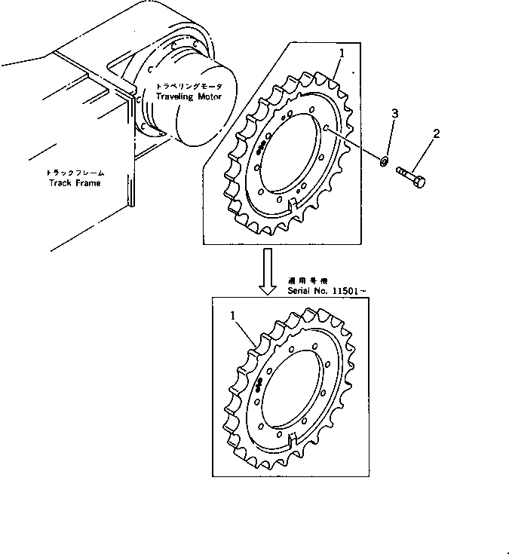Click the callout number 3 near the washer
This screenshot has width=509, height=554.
pyautogui.click(x=394, y=114)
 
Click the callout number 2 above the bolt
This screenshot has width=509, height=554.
pyautogui.click(x=435, y=135)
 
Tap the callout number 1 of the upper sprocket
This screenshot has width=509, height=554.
pyautogui.click(x=342, y=54)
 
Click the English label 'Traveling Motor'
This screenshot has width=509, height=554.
pyautogui.click(x=186, y=97)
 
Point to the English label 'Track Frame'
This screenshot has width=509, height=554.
pyautogui.click(x=74, y=182)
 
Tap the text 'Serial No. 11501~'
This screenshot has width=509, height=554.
pyautogui.click(x=327, y=289)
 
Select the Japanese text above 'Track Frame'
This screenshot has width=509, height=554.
pyautogui.click(x=75, y=173)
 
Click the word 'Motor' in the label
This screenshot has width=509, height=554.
pyautogui.click(x=205, y=97)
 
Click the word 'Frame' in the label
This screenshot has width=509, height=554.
pyautogui.click(x=87, y=182)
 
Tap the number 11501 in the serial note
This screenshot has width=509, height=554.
pyautogui.click(x=348, y=289)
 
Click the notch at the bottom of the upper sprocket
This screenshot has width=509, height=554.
pyautogui.click(x=293, y=204)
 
